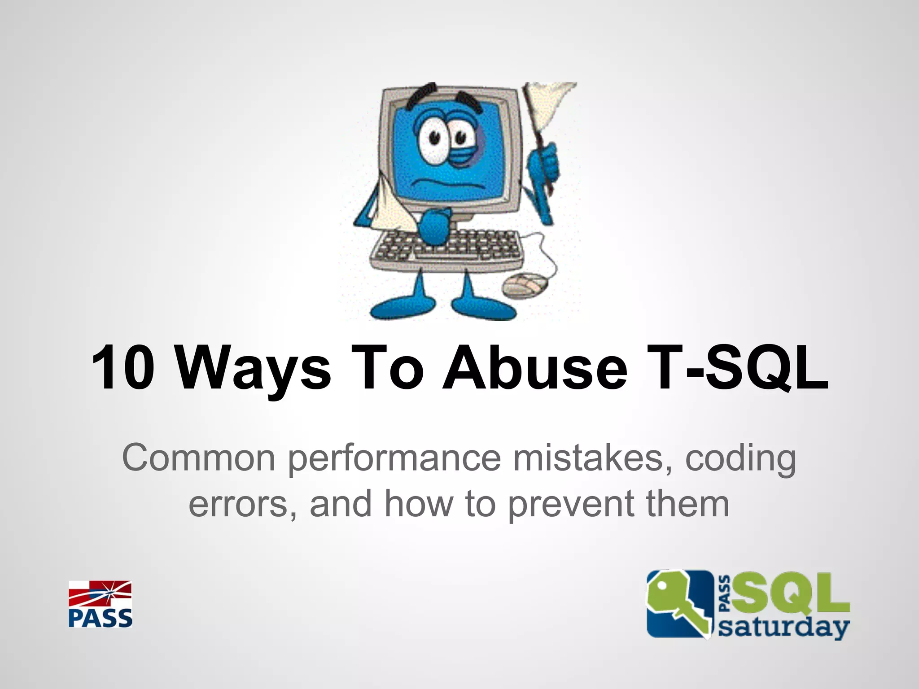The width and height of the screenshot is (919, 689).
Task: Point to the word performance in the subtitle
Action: pyautogui.click(x=394, y=458)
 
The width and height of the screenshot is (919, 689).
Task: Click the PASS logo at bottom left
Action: pyautogui.click(x=100, y=604)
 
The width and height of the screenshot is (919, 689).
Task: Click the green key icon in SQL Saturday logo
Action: pyautogui.click(x=678, y=603)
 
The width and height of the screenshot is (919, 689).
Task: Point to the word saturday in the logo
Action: pyautogui.click(x=783, y=627)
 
